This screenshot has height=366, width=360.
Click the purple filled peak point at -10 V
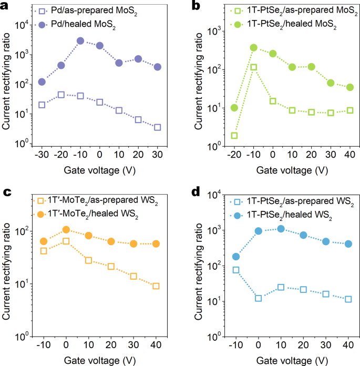pos(80,40)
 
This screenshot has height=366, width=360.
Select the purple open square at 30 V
pos(157,127)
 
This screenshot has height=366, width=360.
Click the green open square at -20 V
pos(234,136)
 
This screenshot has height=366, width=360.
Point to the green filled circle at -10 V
pos(253,47)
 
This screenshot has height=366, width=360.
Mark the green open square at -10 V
pos(253,67)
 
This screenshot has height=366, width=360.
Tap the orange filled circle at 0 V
pos(66,229)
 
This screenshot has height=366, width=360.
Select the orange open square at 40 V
pos(156,286)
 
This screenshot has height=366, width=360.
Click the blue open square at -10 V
pos(236,270)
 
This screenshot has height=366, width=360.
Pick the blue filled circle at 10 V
pos(281,229)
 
